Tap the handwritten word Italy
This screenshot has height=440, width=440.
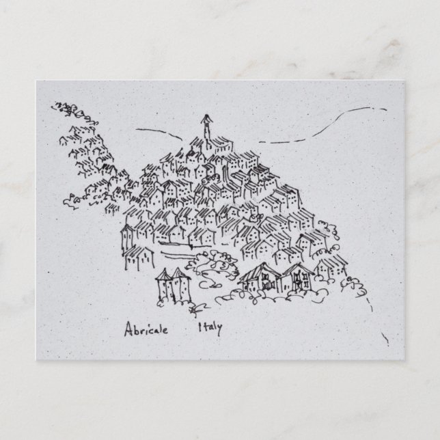pos(210,327)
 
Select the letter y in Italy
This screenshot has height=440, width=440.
pos(219,328)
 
